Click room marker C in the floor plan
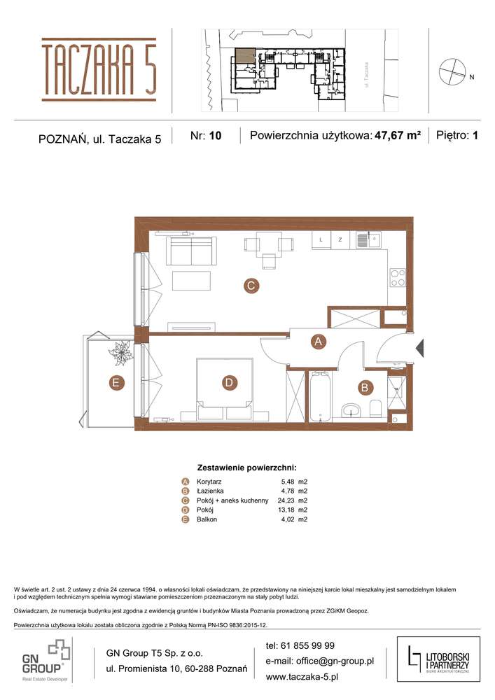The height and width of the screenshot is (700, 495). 249,285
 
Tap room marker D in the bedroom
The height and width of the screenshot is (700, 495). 228,382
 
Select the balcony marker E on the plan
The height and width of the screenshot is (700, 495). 115,382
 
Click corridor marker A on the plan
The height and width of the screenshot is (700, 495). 318,342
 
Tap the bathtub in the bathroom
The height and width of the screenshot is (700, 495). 319,398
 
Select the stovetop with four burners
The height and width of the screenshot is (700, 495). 397,278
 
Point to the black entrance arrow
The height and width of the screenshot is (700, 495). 419,347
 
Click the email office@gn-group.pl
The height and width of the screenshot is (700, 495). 320,661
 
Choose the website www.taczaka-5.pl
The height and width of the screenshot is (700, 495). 302,677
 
